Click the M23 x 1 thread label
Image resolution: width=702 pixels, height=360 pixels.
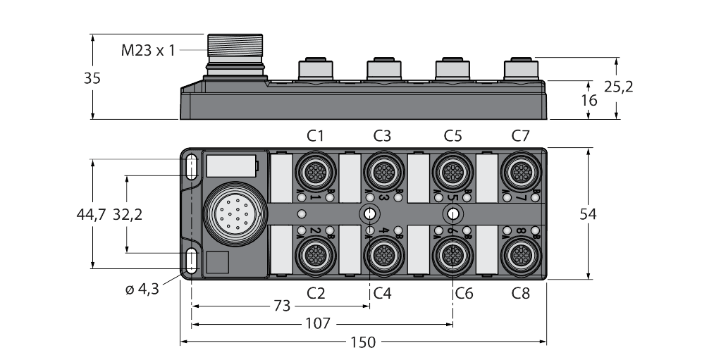point(147,51)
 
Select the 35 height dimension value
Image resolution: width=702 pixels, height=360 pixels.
point(92,78)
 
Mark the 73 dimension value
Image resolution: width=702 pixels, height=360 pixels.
point(281,306)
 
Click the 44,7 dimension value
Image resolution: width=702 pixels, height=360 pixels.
point(92,215)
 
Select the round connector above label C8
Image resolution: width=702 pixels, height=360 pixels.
point(520,254)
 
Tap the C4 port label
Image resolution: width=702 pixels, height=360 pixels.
point(382,293)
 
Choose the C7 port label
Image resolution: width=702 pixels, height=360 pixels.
point(520,135)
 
